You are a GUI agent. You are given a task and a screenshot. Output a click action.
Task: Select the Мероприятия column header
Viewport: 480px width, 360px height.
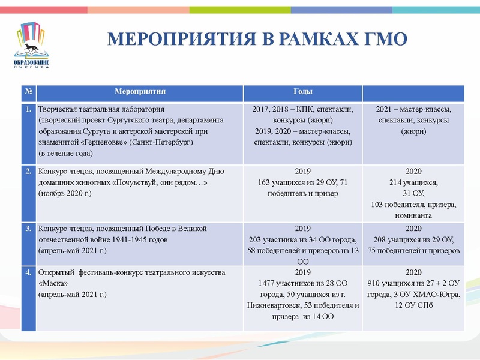140,92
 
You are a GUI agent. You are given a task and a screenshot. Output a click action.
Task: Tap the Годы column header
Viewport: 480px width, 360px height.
302,92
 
